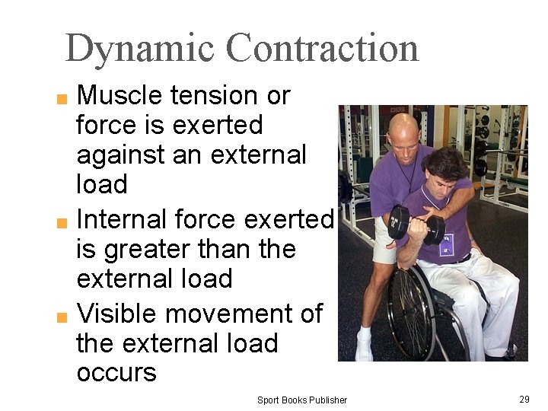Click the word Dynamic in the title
click(x=140, y=48)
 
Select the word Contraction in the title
click(x=322, y=48)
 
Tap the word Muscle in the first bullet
click(x=120, y=96)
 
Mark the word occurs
click(x=116, y=373)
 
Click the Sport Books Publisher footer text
click(x=301, y=400)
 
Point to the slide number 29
click(x=524, y=399)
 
